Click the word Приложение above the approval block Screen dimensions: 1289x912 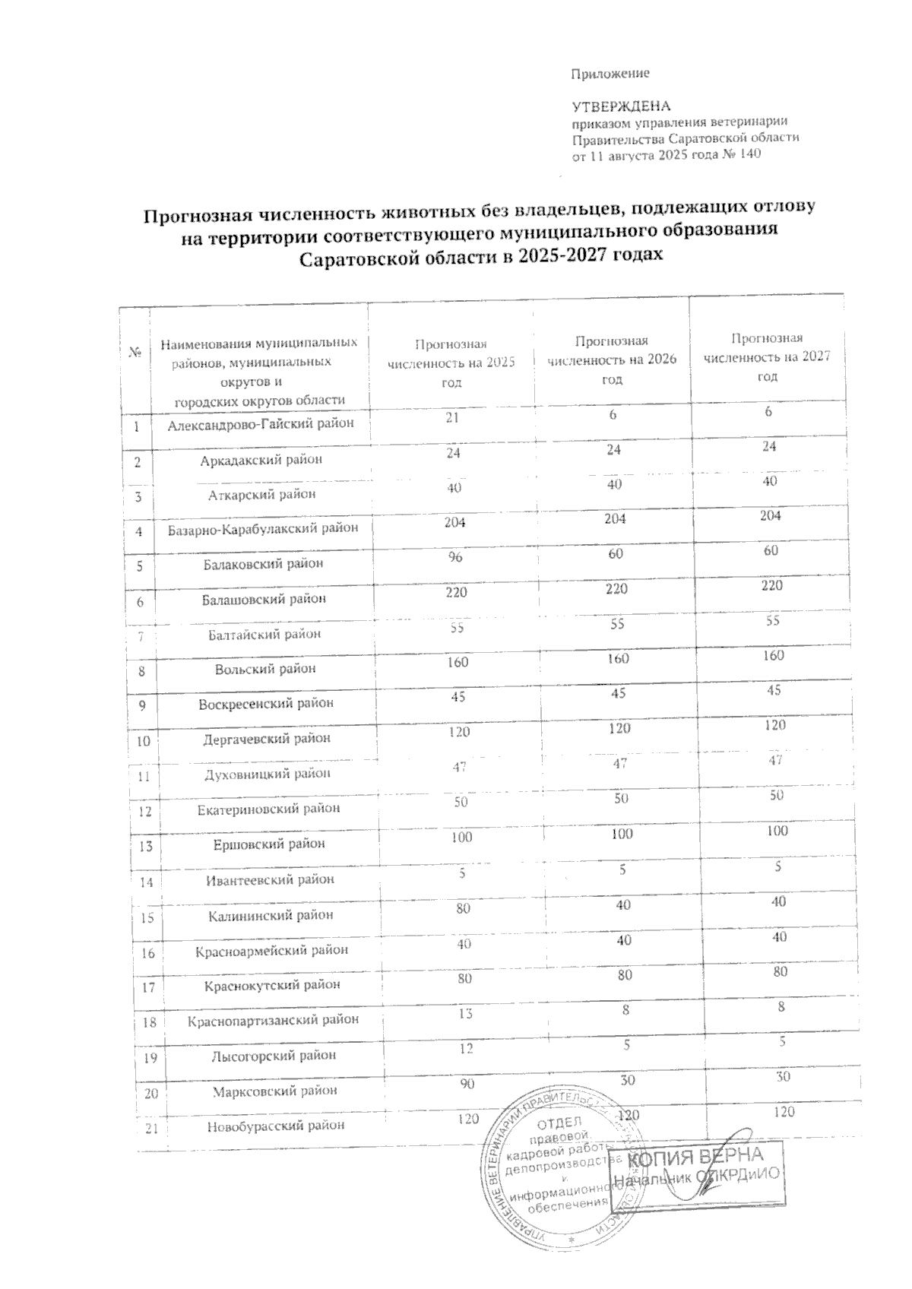(610, 74)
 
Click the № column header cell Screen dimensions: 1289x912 (135, 353)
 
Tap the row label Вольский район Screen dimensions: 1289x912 (265, 670)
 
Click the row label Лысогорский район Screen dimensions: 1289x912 (270, 1056)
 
